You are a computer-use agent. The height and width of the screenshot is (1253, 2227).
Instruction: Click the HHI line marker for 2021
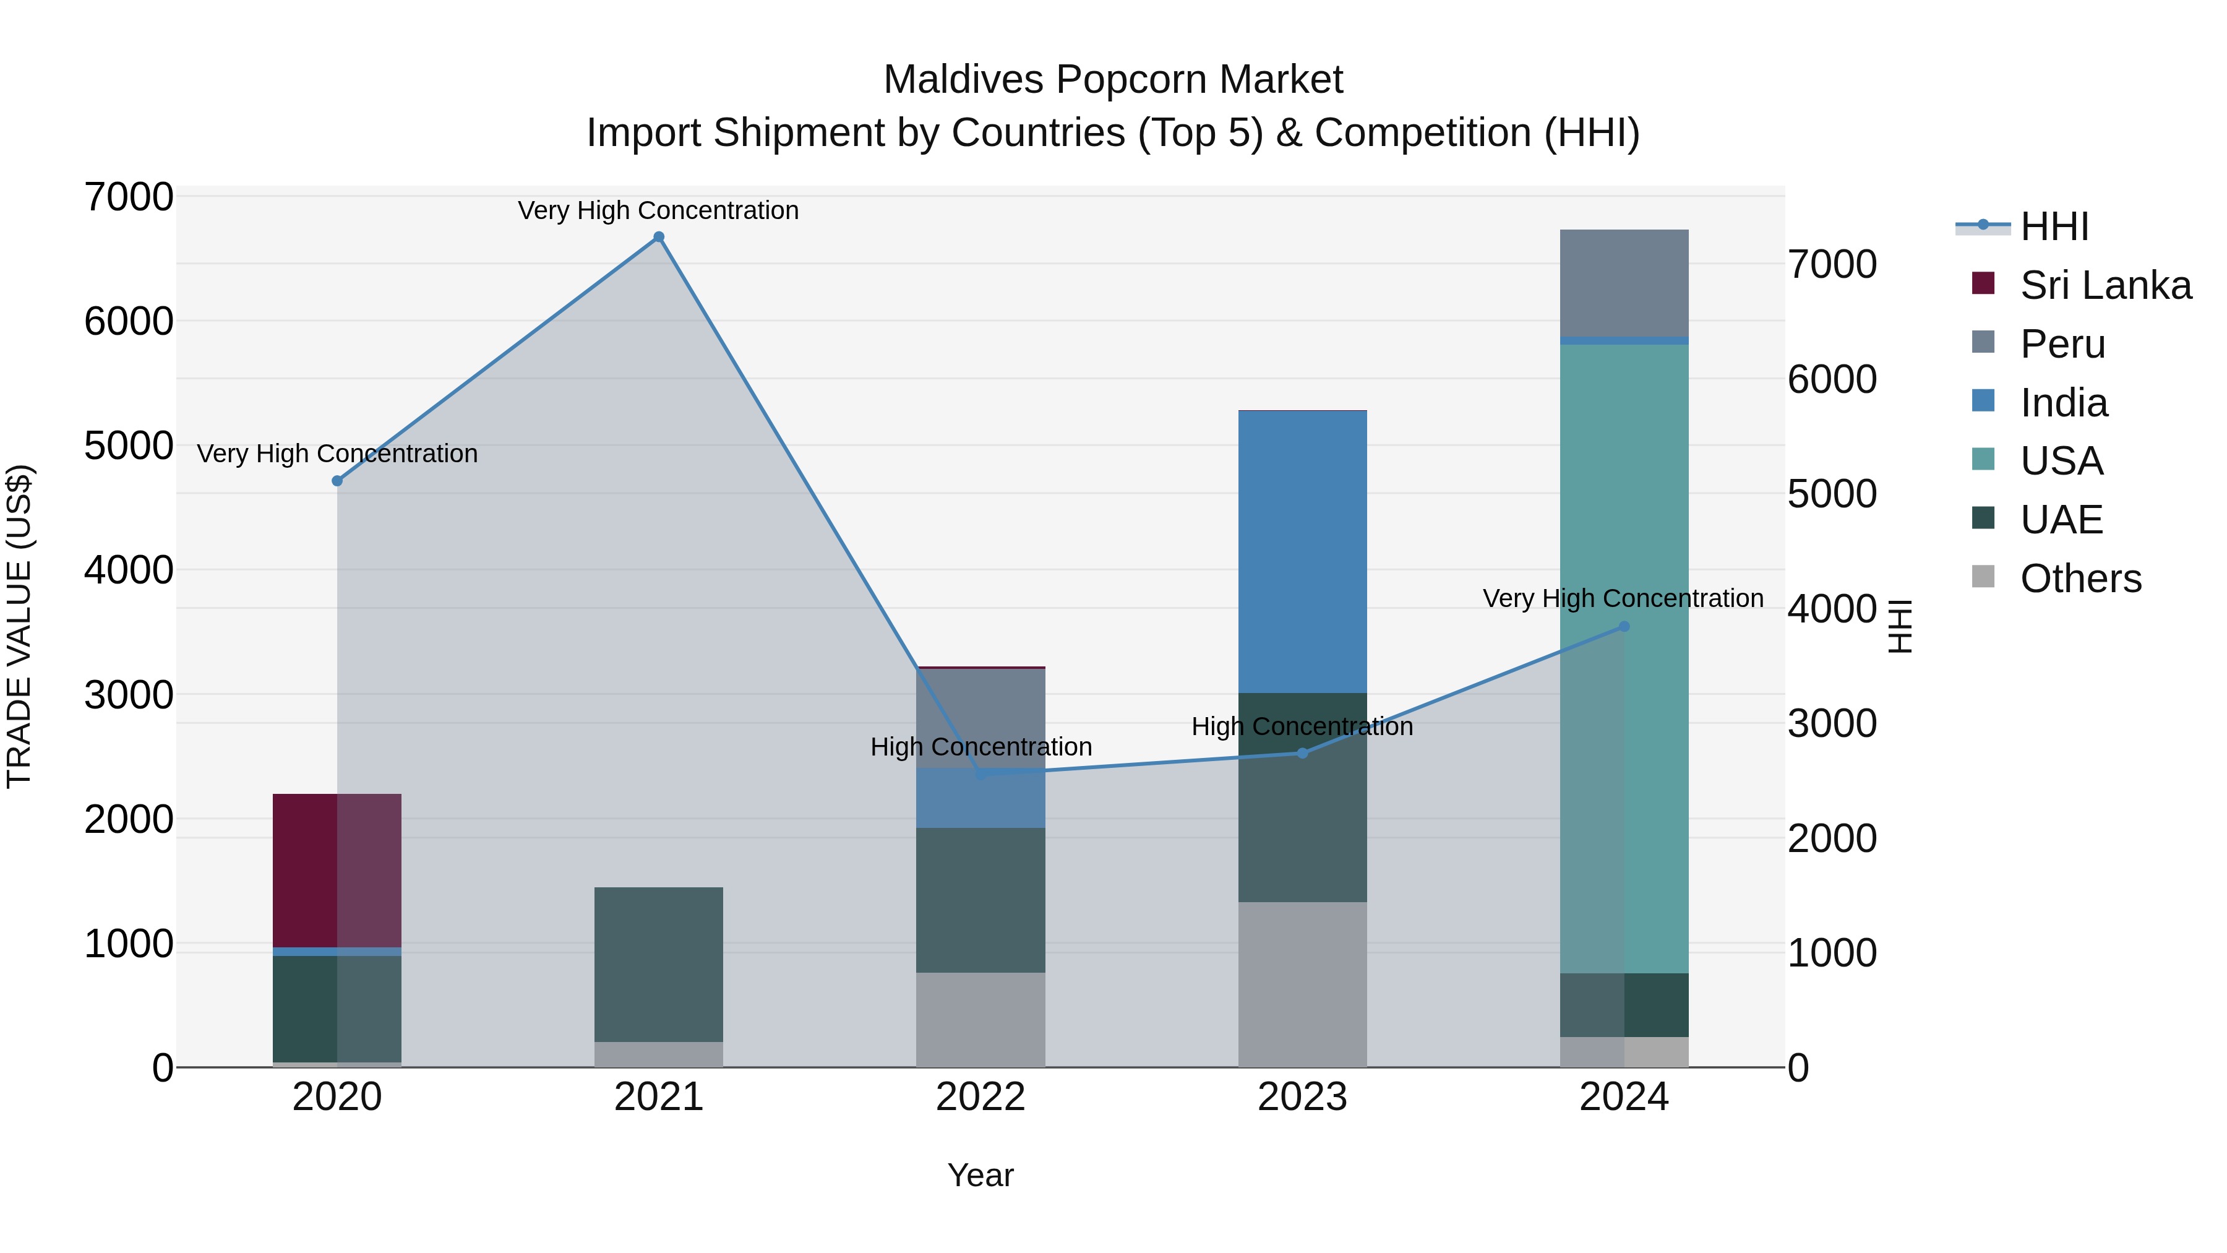coord(659,237)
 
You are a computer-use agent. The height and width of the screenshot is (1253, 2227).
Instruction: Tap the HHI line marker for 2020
coord(337,481)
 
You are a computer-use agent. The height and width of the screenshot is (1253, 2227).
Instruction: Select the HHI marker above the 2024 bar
coord(1624,626)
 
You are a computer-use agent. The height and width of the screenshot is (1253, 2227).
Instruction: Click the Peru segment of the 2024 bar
coord(1624,283)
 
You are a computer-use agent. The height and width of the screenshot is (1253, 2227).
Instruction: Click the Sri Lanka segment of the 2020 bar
coord(337,869)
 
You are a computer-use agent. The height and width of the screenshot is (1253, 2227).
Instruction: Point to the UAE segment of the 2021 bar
coord(659,964)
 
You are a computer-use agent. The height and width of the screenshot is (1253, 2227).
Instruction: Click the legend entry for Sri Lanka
coord(2105,285)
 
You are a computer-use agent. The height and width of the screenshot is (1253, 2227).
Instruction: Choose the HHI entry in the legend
coord(2054,226)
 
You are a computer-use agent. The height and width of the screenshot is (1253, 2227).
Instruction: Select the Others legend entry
coord(2080,579)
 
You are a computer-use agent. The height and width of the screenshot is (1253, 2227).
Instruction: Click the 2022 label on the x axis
coord(980,1097)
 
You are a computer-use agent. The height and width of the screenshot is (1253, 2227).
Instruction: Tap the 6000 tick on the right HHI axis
coord(1832,380)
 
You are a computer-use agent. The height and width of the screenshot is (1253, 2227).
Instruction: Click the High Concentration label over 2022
coord(980,746)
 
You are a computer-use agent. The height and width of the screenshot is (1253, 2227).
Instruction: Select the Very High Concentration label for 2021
coord(658,210)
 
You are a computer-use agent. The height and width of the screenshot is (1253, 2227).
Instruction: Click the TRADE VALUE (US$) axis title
coord(19,626)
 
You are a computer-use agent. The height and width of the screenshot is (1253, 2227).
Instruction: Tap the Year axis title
coord(980,1175)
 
